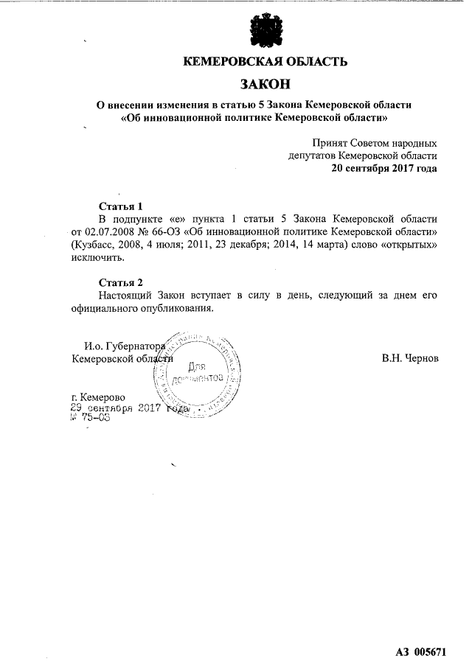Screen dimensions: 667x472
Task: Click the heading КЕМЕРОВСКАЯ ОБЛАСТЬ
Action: [265, 62]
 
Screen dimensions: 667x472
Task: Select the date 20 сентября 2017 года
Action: [384, 168]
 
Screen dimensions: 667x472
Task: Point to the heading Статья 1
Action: [120, 206]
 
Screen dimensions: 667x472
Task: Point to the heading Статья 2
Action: [120, 283]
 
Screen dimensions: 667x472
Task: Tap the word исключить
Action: [97, 259]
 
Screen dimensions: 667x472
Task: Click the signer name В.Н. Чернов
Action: [410, 358]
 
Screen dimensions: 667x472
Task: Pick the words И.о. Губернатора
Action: [122, 345]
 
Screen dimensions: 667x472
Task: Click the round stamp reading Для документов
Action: [198, 372]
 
